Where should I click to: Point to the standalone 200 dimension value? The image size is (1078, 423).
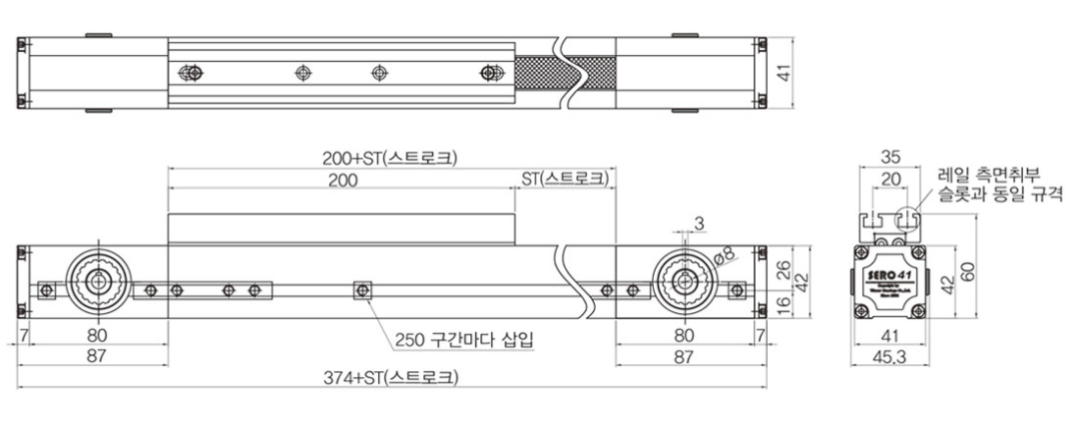pyautogui.click(x=343, y=180)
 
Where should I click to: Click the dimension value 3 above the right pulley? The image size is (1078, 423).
pyautogui.click(x=698, y=224)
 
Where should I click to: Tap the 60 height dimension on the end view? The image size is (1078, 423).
pyautogui.click(x=969, y=271)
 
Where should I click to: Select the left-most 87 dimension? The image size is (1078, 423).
pyautogui.click(x=95, y=355)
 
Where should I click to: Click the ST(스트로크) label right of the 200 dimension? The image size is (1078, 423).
pyautogui.click(x=563, y=179)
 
